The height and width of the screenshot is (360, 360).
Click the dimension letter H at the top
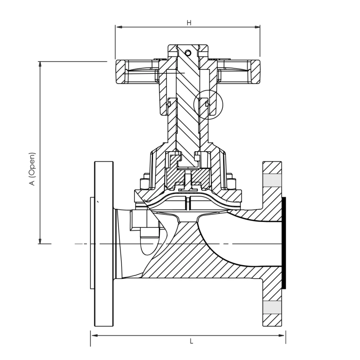tap(189, 23)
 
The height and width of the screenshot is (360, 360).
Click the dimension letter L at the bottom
tap(191, 342)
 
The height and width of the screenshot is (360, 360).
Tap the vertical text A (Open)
tap(32, 169)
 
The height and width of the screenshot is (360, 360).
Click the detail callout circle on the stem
tap(208, 105)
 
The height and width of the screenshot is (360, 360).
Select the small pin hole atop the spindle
tap(188, 53)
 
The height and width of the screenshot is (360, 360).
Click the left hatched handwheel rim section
tap(121, 72)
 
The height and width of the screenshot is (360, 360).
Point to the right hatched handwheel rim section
tap(255, 72)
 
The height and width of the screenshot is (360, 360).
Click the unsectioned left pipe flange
tap(103, 243)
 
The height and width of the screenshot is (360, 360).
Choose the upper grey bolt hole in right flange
tap(272, 180)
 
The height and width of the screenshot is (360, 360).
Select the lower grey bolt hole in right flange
tap(272, 307)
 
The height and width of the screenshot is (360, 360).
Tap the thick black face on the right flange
tap(283, 243)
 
